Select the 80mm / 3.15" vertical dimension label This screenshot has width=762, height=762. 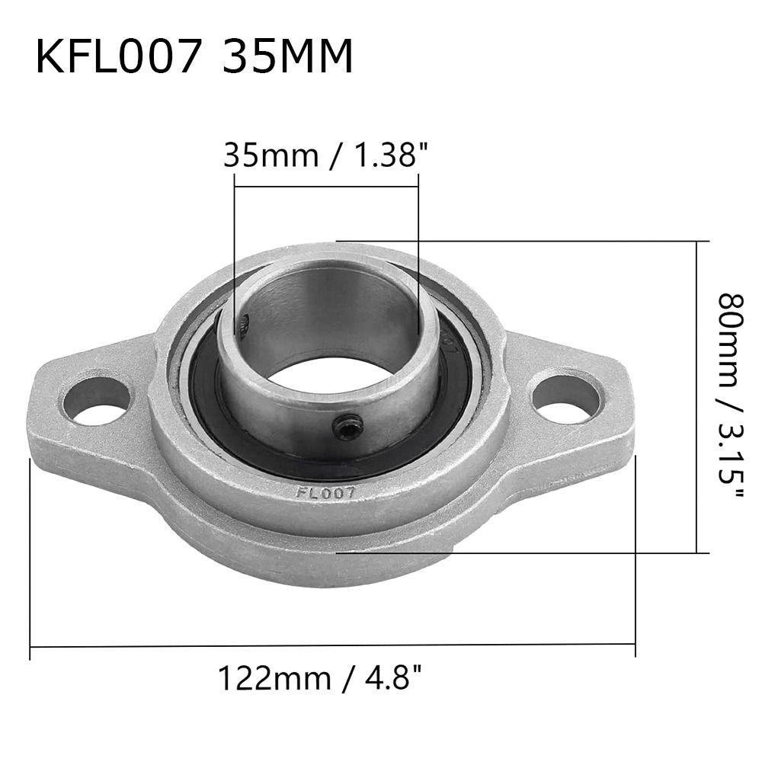(732, 396)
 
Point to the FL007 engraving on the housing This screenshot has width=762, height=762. (325, 492)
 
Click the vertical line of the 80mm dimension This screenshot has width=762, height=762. (697, 396)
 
